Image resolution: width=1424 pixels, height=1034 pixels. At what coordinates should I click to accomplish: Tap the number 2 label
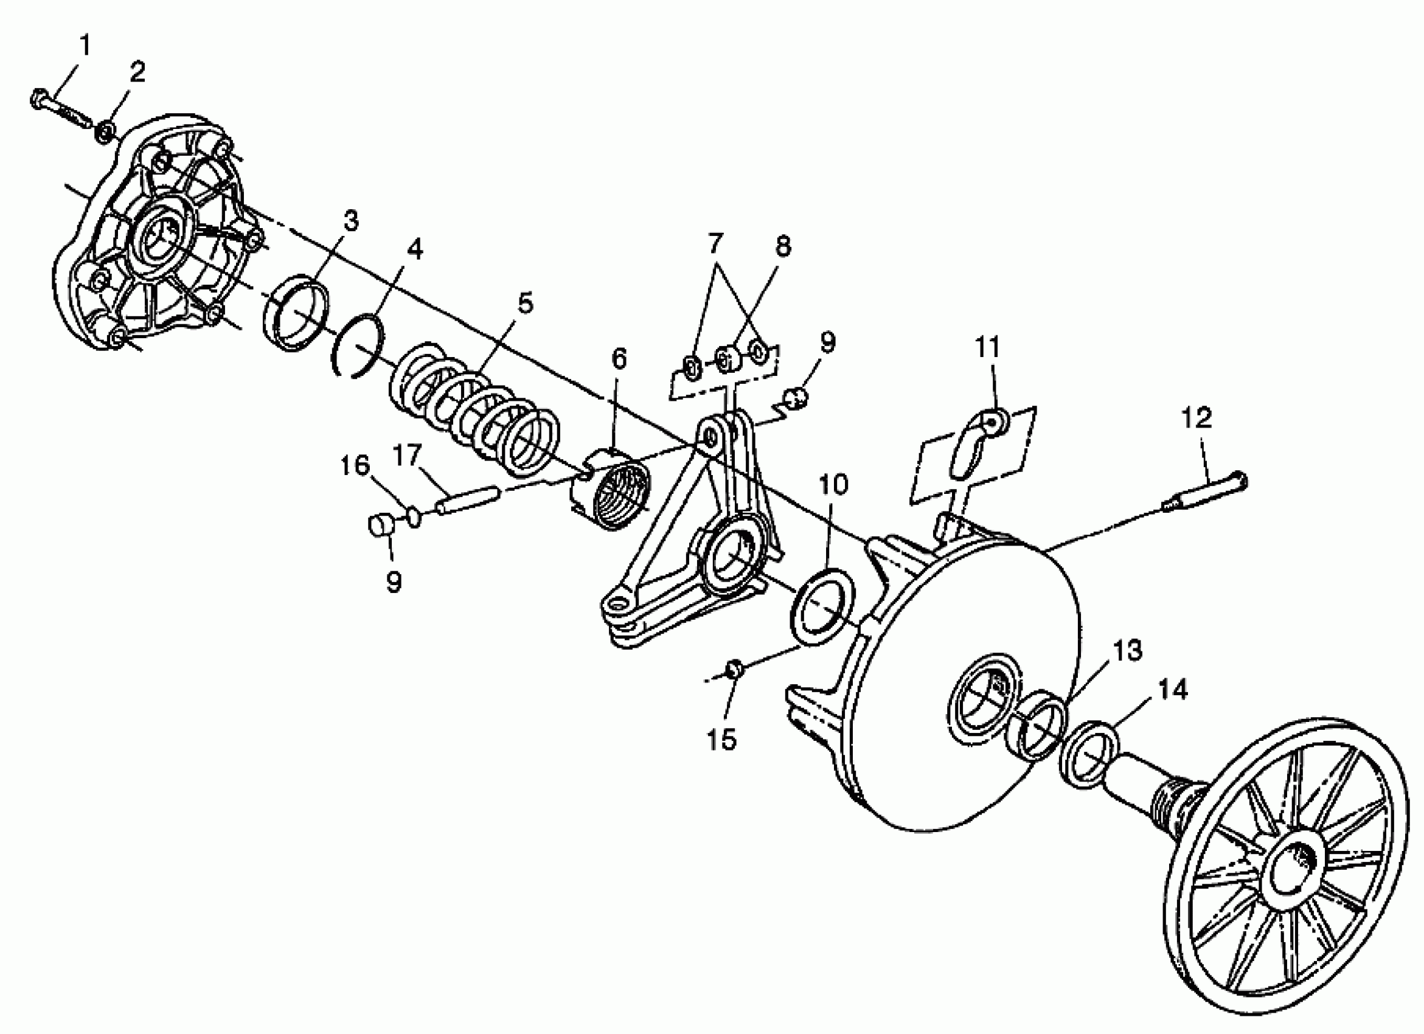click(137, 73)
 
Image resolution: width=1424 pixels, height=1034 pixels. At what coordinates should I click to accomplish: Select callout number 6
click(619, 358)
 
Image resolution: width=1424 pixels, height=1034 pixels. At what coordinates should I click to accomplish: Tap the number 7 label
click(715, 241)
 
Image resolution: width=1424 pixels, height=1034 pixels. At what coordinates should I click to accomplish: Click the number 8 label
click(782, 247)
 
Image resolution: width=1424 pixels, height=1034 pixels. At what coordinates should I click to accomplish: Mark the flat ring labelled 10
click(821, 606)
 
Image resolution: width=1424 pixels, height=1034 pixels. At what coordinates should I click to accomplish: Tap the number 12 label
click(1197, 417)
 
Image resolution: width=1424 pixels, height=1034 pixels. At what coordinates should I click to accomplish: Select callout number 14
click(1172, 690)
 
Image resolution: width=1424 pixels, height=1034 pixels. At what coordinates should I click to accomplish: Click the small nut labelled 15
click(735, 668)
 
